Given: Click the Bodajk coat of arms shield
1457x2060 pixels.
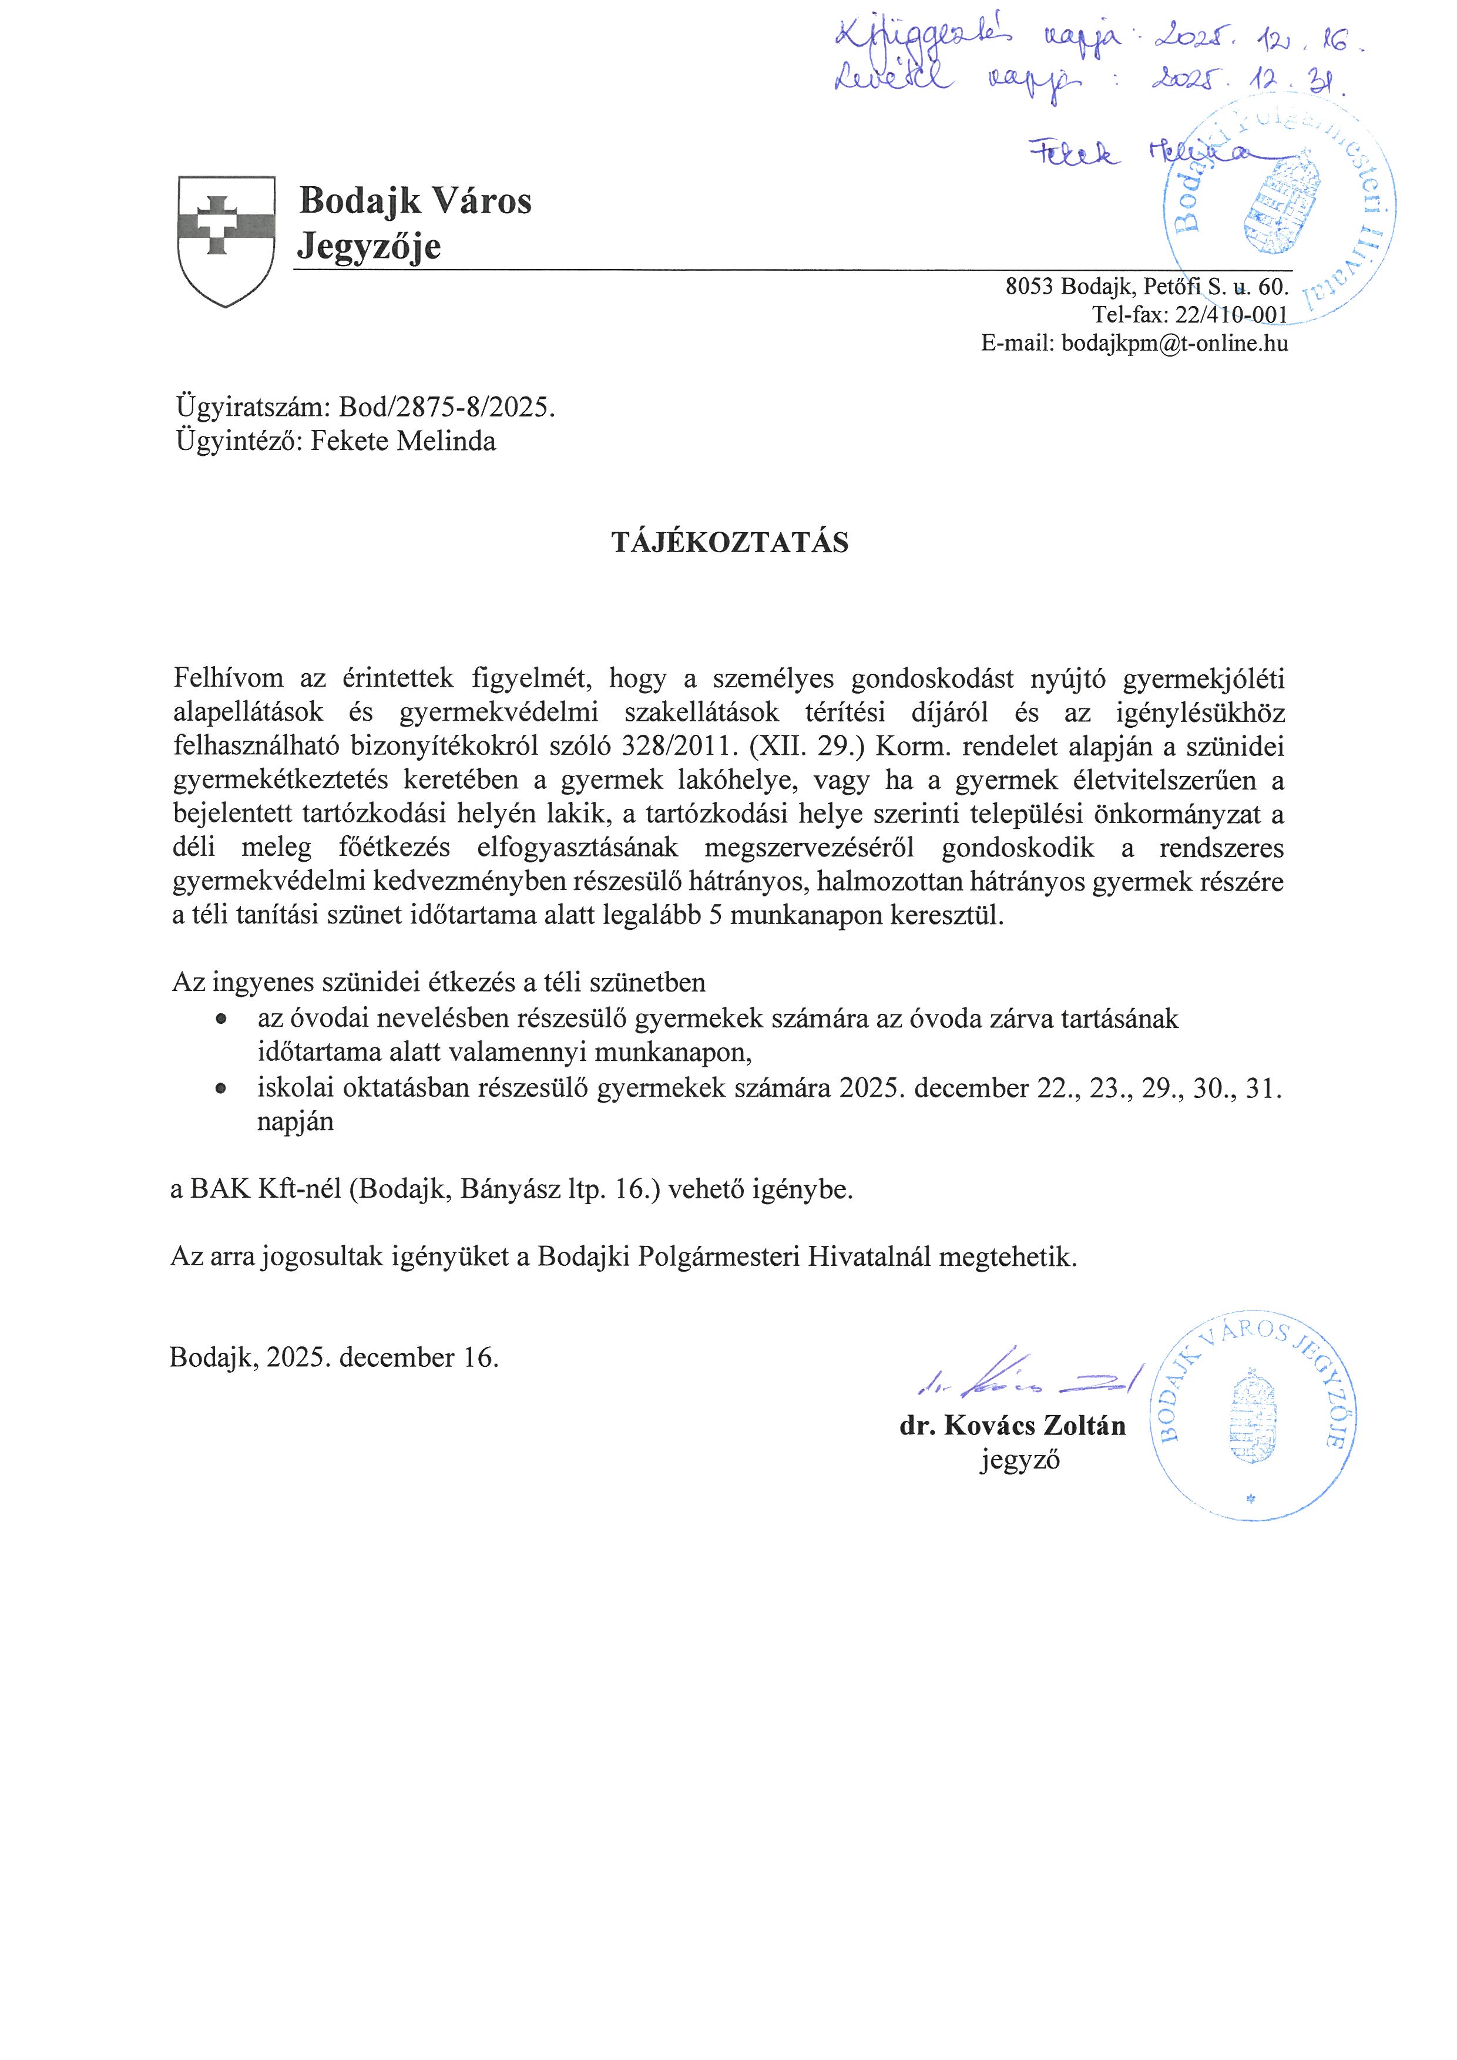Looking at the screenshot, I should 226,240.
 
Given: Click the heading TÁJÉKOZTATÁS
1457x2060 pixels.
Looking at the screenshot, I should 730,543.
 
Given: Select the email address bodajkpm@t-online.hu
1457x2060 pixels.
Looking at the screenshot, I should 1174,342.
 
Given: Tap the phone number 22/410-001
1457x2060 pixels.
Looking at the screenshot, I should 1231,315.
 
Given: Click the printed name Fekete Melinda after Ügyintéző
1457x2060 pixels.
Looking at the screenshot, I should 403,442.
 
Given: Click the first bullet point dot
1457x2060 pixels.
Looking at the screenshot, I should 220,1020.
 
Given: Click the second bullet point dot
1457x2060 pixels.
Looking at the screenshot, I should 220,1088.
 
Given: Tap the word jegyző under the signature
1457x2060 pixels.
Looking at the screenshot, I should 1020,1461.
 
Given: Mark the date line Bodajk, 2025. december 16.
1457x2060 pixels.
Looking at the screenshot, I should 334,1357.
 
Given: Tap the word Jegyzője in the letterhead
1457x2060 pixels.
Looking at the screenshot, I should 369,246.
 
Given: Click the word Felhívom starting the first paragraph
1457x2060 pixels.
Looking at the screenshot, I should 228,678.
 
